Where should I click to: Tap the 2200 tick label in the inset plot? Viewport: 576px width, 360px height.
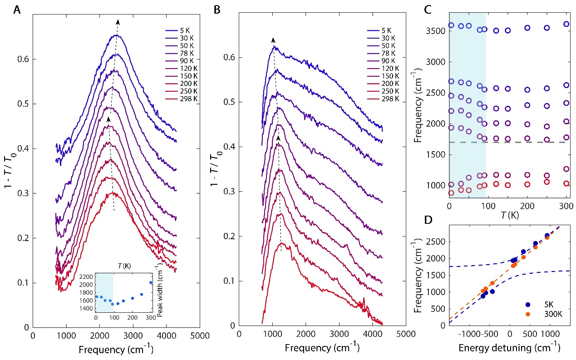coord(89,276)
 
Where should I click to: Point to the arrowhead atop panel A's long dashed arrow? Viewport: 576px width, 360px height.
coord(118,21)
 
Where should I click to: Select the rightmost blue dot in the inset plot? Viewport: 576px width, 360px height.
coord(151,282)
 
